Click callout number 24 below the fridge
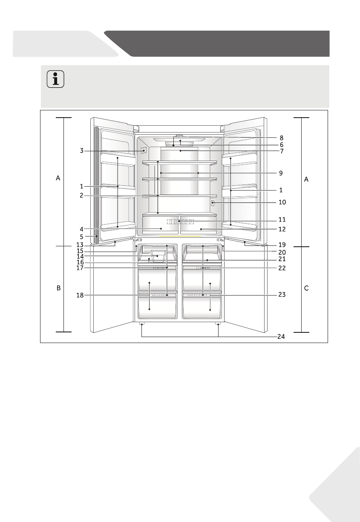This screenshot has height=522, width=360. point(281,337)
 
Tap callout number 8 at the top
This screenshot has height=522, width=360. point(281,138)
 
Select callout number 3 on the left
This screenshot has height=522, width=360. point(82,150)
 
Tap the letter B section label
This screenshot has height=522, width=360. point(58,288)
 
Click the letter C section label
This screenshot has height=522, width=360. point(306,288)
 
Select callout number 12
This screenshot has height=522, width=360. point(282,229)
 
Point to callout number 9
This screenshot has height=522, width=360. point(281,173)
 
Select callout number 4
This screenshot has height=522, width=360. point(82,228)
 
